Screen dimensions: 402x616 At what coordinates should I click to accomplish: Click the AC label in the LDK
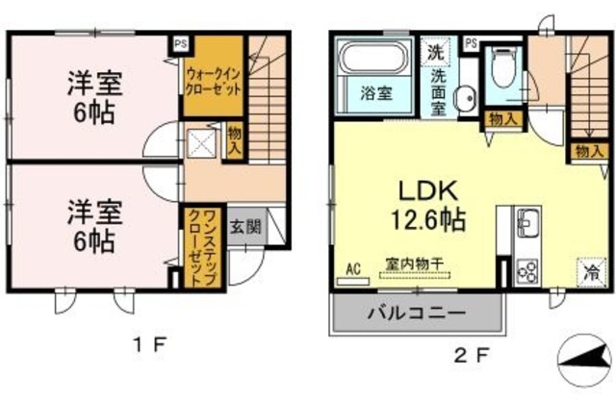pyautogui.click(x=352, y=269)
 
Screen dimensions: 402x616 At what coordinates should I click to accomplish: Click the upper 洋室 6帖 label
pyautogui.click(x=92, y=97)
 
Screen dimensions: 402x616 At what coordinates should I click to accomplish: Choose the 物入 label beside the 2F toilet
pyautogui.click(x=501, y=118)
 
